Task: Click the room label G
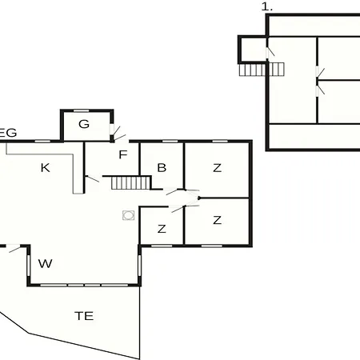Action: point(84,124)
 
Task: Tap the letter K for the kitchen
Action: point(46,168)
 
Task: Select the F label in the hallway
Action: point(123,154)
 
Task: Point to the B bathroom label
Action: point(162,168)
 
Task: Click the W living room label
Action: point(46,263)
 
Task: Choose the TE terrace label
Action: point(84,316)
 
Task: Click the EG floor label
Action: point(8,133)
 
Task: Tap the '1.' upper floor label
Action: point(267,7)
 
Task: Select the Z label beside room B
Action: point(218,168)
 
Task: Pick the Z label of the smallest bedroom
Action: point(162,229)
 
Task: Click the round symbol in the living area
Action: point(129,215)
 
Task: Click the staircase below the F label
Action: point(131,183)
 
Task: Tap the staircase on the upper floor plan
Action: point(262,70)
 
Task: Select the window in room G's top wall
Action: point(81,110)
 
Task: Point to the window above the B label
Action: point(170,141)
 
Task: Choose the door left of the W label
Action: point(14,248)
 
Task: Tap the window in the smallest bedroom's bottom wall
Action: point(162,246)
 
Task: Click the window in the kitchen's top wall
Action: point(42,141)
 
